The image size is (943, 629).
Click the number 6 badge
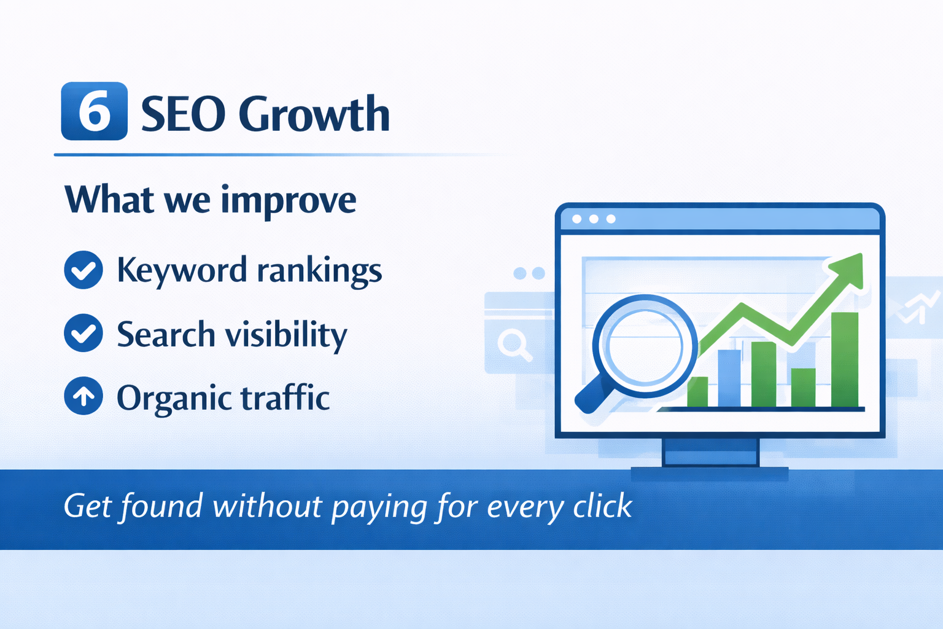(95, 111)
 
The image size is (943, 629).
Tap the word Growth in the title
(314, 113)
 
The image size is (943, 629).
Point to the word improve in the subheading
(289, 202)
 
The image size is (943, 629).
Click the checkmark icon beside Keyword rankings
(83, 270)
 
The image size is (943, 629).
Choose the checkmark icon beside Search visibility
(83, 333)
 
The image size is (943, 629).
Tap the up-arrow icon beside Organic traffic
(83, 396)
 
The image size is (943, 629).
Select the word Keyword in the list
(182, 271)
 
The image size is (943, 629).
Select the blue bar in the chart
(729, 378)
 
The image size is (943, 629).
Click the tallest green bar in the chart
(845, 360)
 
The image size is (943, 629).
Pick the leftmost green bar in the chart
(697, 393)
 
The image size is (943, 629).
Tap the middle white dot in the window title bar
(594, 219)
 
